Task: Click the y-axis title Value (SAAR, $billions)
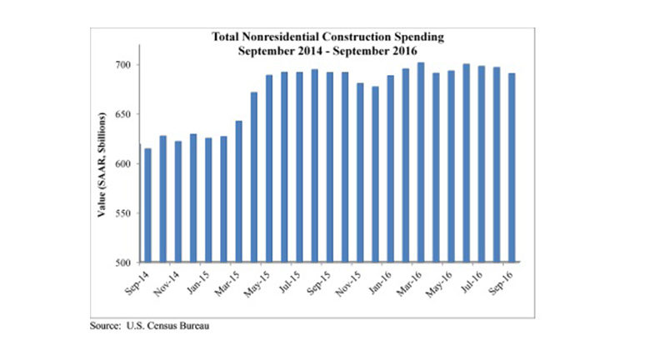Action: (99, 164)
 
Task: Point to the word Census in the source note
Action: (164, 326)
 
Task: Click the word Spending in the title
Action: (422, 37)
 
